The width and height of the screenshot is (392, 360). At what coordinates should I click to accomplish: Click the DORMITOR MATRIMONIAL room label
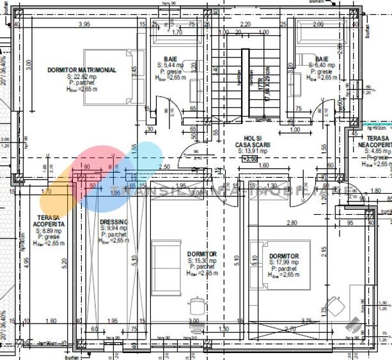pos(82,70)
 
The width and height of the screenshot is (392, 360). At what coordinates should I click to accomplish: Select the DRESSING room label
pos(114,222)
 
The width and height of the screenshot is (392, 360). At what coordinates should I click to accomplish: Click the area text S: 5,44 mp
pos(170,65)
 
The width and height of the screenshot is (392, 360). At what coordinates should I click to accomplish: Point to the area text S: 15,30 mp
pos(202,261)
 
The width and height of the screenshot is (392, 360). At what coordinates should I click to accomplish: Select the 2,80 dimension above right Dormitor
pos(292,223)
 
